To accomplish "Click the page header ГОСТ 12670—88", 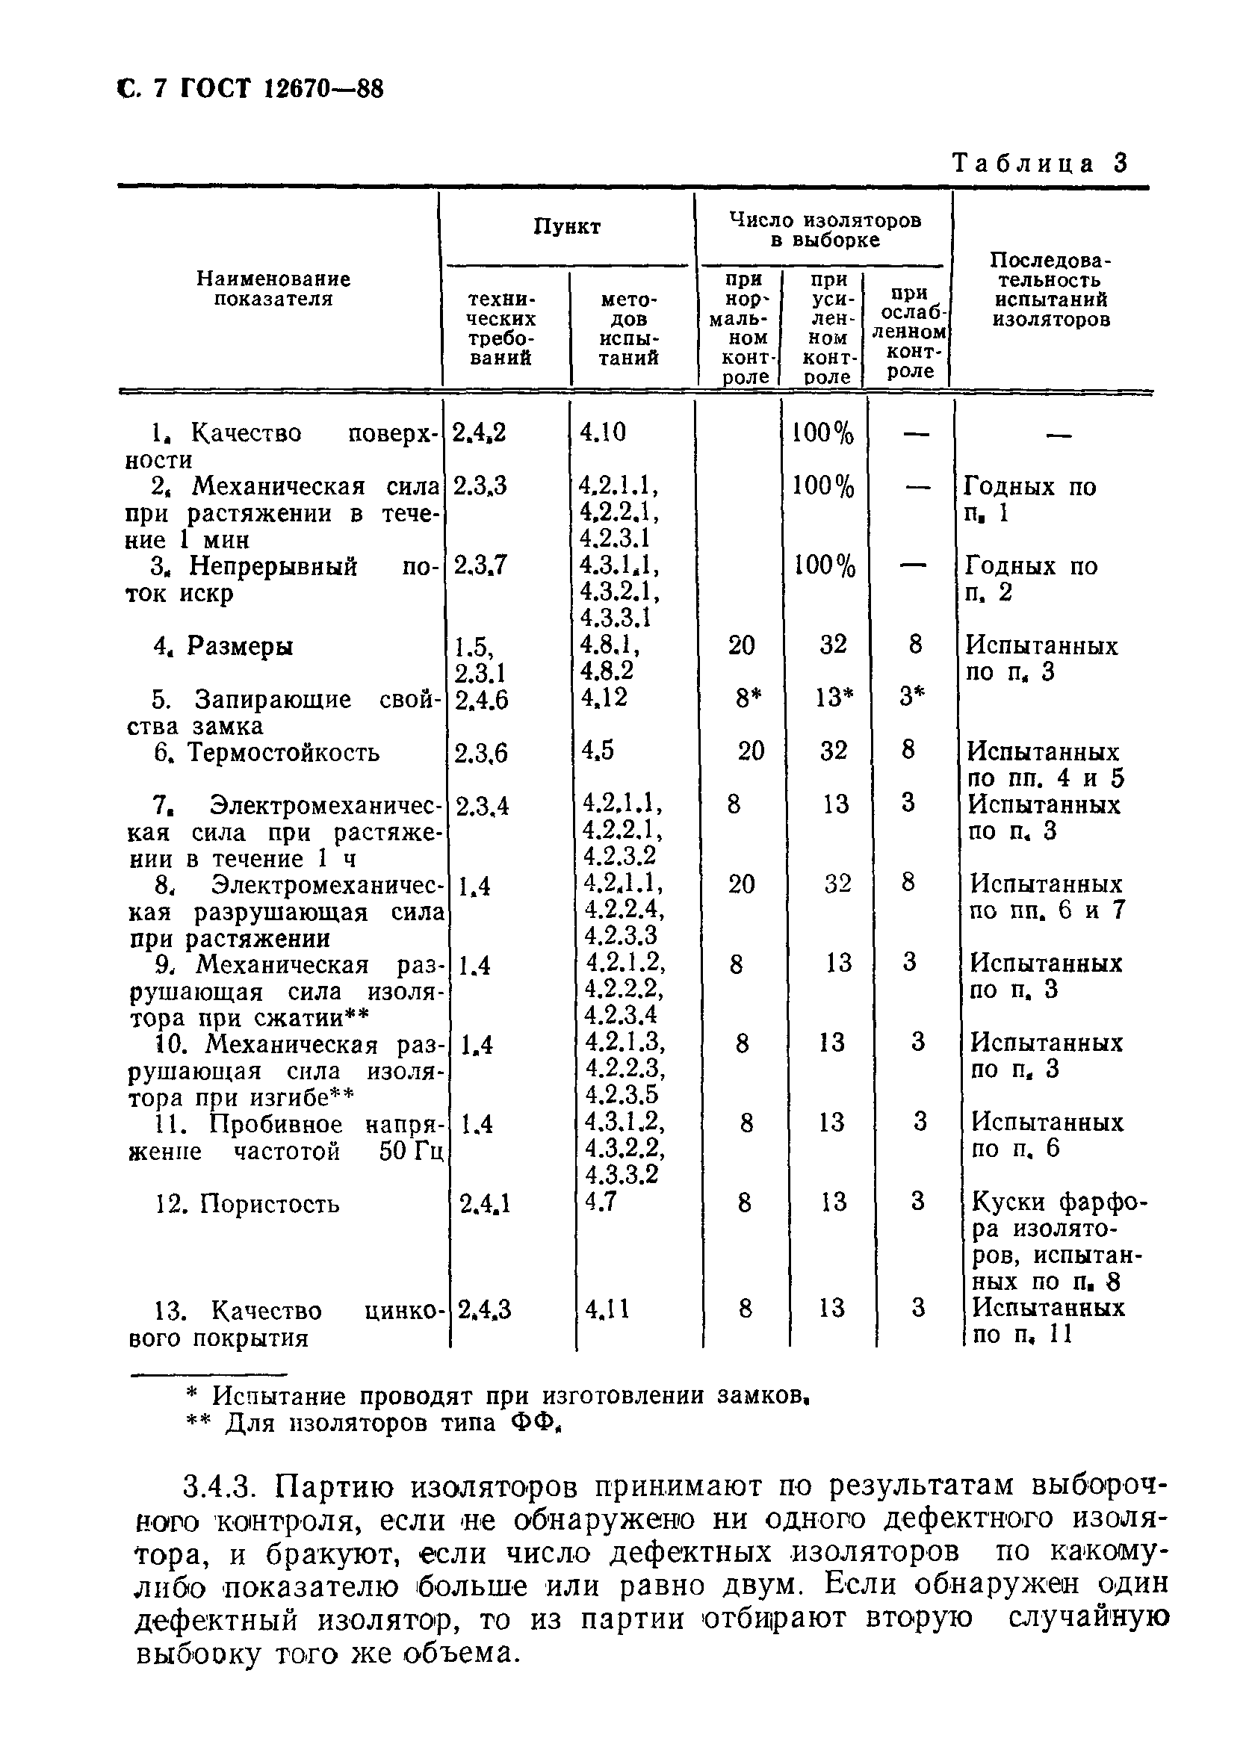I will tap(281, 90).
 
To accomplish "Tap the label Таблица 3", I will tap(1040, 163).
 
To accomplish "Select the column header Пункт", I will tap(566, 227).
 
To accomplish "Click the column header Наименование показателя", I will tap(273, 288).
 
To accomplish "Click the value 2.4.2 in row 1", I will tap(479, 433).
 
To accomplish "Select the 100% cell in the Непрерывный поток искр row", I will tap(824, 566).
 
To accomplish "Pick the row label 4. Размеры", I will tap(223, 646).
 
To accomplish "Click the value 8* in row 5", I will tap(743, 698).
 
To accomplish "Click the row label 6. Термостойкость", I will tap(266, 752).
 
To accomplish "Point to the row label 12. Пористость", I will tap(247, 1205).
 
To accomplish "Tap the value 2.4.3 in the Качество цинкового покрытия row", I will tap(484, 1309).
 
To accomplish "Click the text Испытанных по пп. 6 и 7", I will tap(1047, 896).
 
